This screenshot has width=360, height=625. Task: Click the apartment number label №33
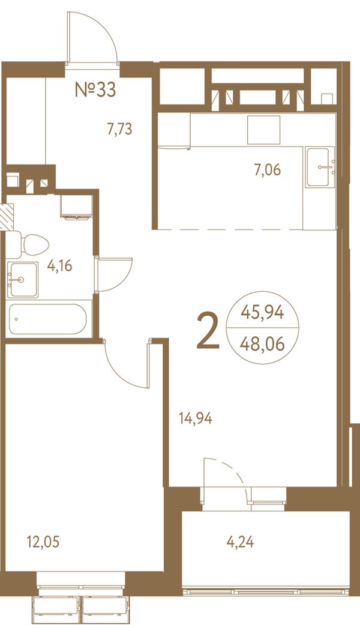pyautogui.click(x=95, y=90)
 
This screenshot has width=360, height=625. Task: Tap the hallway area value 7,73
pyautogui.click(x=119, y=129)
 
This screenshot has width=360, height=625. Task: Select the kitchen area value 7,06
pyautogui.click(x=268, y=170)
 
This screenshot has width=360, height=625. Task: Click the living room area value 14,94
pyautogui.click(x=196, y=418)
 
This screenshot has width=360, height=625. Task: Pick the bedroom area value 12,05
pyautogui.click(x=43, y=542)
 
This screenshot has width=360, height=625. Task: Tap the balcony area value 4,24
pyautogui.click(x=240, y=542)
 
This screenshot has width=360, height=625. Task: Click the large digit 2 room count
pyautogui.click(x=208, y=330)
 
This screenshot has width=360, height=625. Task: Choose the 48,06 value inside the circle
pyautogui.click(x=262, y=343)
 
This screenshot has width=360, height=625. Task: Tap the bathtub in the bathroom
pyautogui.click(x=48, y=319)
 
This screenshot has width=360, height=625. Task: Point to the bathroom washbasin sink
pyautogui.click(x=23, y=280)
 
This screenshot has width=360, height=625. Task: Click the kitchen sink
pyautogui.click(x=320, y=167)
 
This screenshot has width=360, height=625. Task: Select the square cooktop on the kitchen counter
pyautogui.click(x=263, y=130)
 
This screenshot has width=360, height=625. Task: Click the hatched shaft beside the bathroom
pyautogui.click(x=7, y=216)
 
